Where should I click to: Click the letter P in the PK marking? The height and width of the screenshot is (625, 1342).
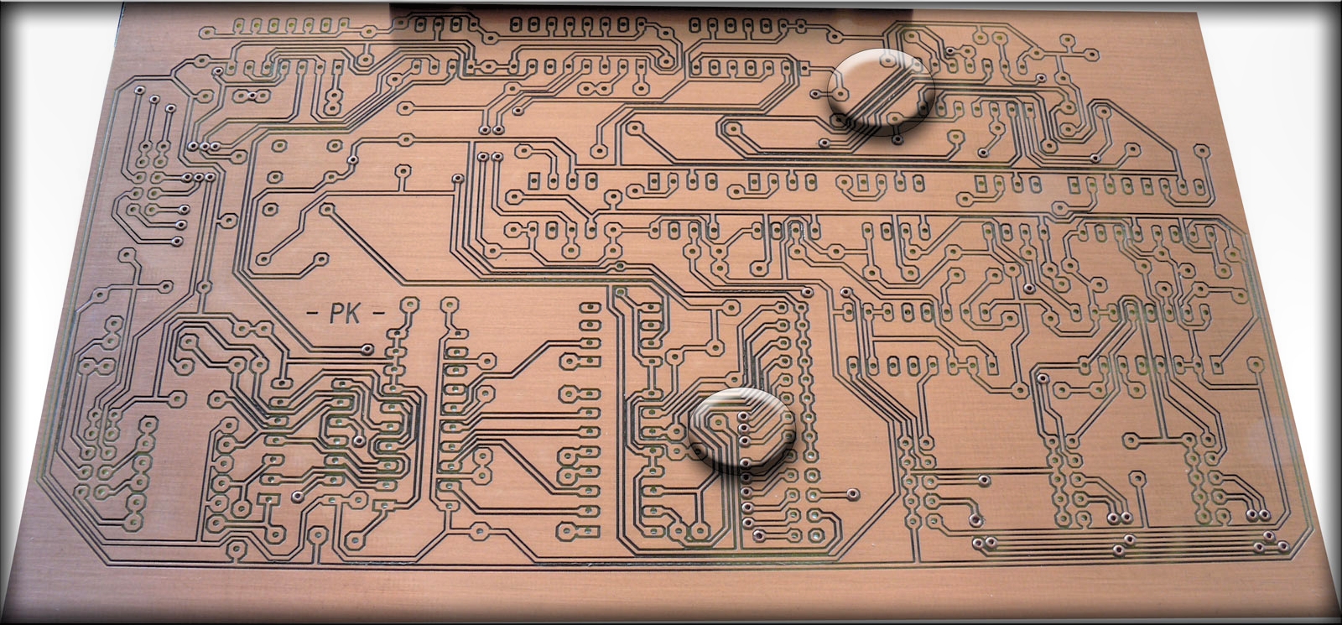tap(336, 314)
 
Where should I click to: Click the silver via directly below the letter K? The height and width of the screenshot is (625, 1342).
tap(367, 349)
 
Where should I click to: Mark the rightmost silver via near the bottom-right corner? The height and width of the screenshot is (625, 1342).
tap(1284, 547)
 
